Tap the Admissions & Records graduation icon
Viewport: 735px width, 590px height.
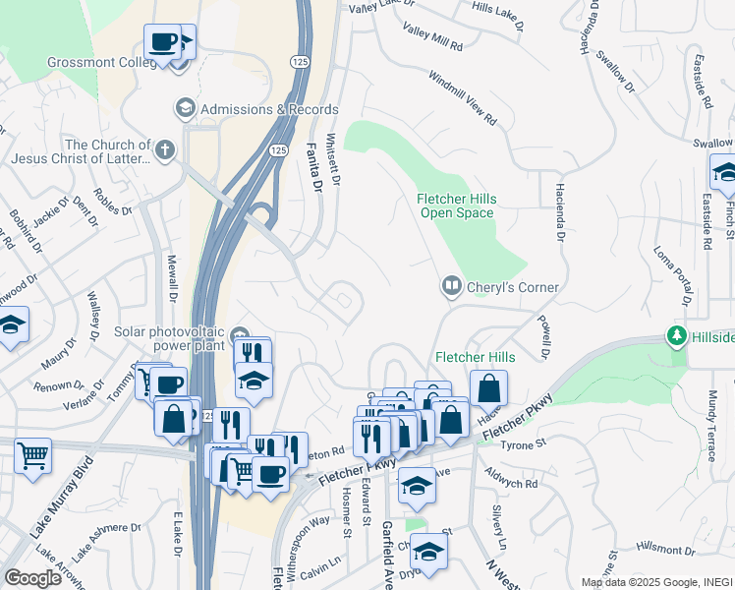coord(184,107)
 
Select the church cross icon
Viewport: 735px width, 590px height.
coord(165,151)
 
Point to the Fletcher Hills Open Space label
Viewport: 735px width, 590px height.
coord(458,205)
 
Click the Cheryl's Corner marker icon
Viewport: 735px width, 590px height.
coord(451,286)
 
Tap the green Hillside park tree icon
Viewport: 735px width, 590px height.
coord(676,336)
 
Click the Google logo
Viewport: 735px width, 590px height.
coord(32,578)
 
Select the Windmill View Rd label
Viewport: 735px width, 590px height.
coord(462,97)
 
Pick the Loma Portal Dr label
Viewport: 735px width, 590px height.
coord(674,271)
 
